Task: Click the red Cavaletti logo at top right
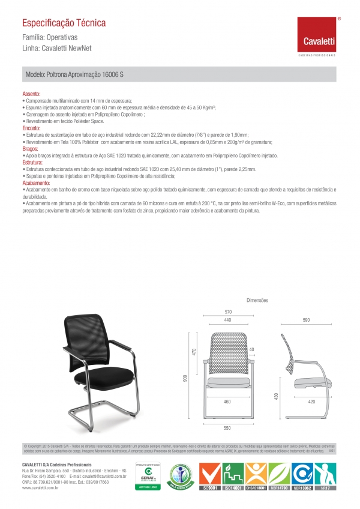317,35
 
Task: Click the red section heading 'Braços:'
30,148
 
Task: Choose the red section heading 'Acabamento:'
36,182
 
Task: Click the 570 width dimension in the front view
228,312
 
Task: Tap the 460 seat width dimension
227,400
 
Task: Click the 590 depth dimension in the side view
305,321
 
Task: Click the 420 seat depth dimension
312,400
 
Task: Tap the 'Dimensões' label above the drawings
257,300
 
